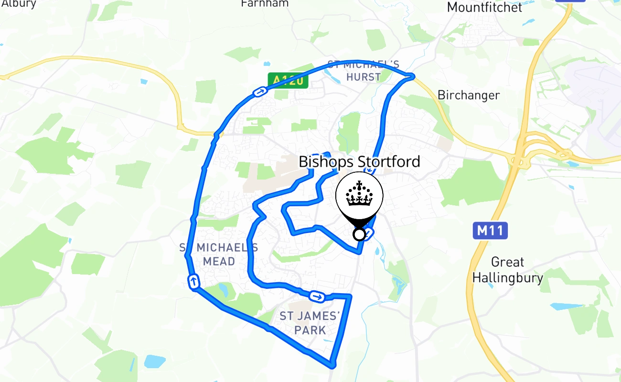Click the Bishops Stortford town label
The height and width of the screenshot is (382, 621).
359,161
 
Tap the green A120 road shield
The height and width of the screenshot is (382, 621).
288,80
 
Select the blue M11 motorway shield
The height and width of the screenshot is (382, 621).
490,231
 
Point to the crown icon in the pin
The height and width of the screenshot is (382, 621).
359,194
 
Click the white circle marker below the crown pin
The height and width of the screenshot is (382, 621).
359,234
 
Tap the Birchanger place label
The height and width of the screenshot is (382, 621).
469,95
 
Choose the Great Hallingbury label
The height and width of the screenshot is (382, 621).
507,270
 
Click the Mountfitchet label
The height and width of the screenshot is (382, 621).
484,7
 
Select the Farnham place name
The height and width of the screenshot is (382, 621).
265,3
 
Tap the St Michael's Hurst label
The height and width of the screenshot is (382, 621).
364,71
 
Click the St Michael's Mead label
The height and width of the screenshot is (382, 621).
219,255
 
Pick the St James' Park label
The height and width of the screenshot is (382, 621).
310,323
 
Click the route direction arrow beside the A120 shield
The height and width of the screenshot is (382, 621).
259,92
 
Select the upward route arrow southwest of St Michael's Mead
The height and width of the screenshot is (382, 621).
194,281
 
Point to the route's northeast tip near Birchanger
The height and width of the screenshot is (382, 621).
412,75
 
